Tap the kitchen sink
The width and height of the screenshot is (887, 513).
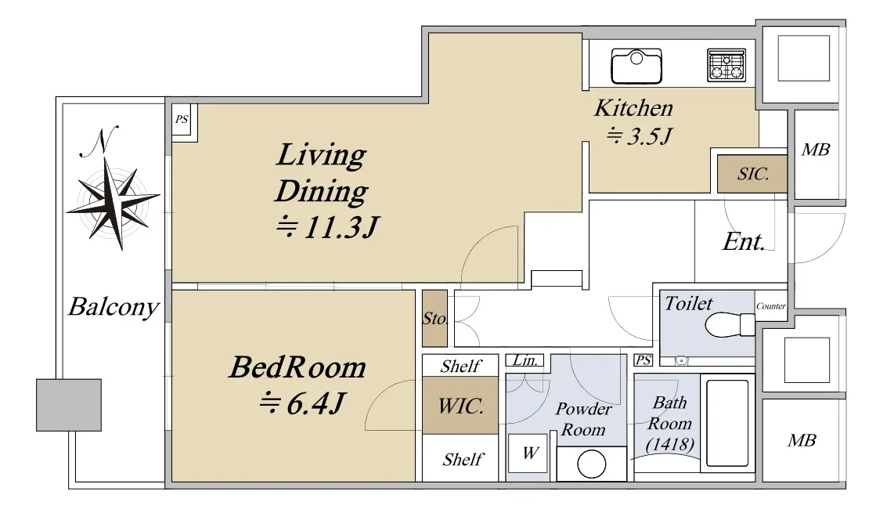point(636,66)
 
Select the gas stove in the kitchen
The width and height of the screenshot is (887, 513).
point(727,64)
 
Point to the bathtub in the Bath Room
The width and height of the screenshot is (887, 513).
point(727,422)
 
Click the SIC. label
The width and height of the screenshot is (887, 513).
point(753,174)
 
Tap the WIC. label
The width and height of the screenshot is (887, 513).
point(460,406)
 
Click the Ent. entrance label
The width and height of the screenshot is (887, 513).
point(744,242)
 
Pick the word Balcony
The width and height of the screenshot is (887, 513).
point(114,308)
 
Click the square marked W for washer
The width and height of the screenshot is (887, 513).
point(528,453)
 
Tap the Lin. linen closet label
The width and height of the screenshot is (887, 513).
point(525,360)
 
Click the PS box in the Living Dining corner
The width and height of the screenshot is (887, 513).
point(182,120)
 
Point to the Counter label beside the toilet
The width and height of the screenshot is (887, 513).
point(771,306)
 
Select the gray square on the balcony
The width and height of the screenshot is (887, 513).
point(69,405)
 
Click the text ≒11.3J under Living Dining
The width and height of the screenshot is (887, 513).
point(326,228)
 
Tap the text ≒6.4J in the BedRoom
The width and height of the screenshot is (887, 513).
point(301,403)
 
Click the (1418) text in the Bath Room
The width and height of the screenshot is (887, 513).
point(670,444)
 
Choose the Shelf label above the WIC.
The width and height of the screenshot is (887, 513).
point(461,367)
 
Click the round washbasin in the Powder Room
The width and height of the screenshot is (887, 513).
point(592,464)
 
